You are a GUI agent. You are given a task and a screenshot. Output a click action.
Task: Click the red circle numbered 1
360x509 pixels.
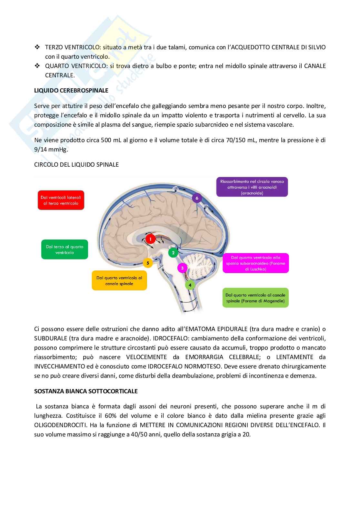pyautogui.click(x=150, y=239)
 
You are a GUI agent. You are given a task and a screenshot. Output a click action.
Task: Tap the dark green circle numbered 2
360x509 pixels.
pyautogui.click(x=173, y=253)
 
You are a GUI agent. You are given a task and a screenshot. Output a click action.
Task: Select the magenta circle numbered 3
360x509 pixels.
pyautogui.click(x=182, y=268)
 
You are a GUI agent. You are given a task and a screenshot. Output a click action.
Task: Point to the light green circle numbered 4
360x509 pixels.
pyautogui.click(x=190, y=285)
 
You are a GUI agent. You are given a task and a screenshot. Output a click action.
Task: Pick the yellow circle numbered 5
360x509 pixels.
pyautogui.click(x=148, y=263)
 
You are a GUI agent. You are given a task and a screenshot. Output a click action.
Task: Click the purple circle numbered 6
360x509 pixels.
pyautogui.click(x=197, y=198)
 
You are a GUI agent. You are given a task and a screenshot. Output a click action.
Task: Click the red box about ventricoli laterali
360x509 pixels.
pyautogui.click(x=61, y=200)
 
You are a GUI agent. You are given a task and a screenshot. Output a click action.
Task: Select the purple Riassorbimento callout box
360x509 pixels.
pyautogui.click(x=252, y=187)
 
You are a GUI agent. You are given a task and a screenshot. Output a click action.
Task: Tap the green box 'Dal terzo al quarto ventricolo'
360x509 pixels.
pyautogui.click(x=65, y=250)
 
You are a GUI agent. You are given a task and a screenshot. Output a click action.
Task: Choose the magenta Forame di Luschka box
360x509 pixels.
pyautogui.click(x=256, y=263)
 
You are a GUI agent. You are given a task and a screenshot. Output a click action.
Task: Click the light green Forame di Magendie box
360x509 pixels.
pyautogui.click(x=255, y=298)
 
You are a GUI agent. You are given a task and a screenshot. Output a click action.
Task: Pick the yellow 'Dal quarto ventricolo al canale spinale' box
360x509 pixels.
pyautogui.click(x=119, y=280)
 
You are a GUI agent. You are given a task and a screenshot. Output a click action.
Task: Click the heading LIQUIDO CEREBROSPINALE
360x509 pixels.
pyautogui.click(x=71, y=91)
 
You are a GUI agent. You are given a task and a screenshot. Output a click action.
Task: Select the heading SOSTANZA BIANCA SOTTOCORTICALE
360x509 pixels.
pyautogui.click(x=86, y=391)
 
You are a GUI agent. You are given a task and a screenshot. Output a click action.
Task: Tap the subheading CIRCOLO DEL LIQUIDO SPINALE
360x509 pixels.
pyautogui.click(x=76, y=164)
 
